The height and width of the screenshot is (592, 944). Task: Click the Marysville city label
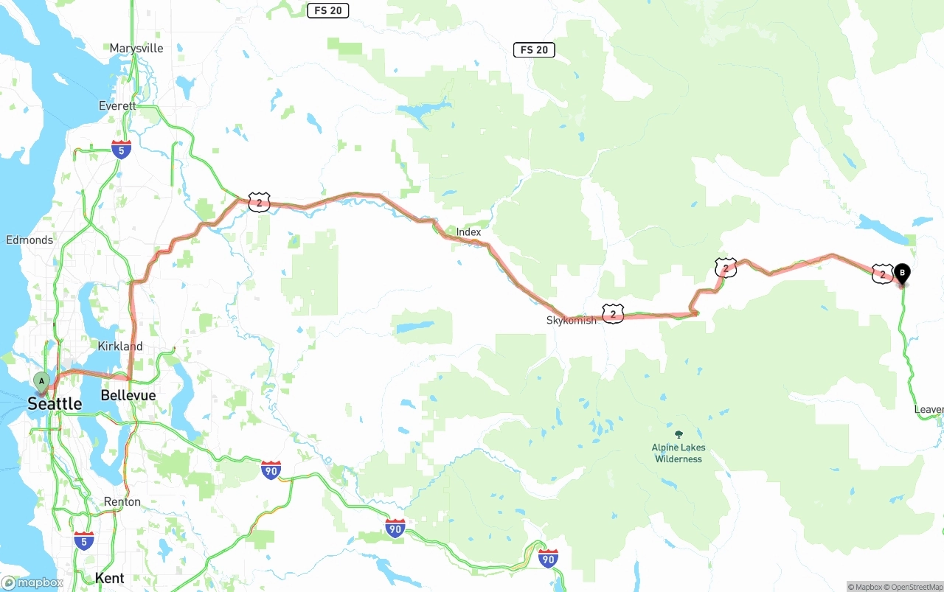(x=136, y=49)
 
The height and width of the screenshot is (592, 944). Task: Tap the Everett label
(x=118, y=106)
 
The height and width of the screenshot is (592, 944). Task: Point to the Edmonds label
(x=29, y=240)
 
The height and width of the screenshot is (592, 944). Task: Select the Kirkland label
(x=120, y=347)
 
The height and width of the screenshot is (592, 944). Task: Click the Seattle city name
(x=55, y=404)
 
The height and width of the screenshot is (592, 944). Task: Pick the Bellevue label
(x=128, y=396)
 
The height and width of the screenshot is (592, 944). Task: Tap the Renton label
(x=122, y=502)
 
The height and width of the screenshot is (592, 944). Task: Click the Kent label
(x=109, y=579)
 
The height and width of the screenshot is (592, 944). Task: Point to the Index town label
(x=468, y=232)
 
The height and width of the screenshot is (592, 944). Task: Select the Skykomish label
(x=571, y=321)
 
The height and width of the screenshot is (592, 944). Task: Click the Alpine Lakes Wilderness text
(x=678, y=453)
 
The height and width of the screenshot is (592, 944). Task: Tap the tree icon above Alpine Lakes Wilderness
(x=678, y=434)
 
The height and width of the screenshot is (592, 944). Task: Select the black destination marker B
(x=901, y=274)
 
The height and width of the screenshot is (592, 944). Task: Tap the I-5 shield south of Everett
(x=122, y=150)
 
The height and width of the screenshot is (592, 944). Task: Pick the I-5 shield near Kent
(x=84, y=540)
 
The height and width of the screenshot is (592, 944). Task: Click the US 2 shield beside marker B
(x=882, y=274)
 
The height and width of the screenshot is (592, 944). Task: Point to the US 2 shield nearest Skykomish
(x=613, y=314)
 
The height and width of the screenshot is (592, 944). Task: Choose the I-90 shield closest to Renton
(x=271, y=470)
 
